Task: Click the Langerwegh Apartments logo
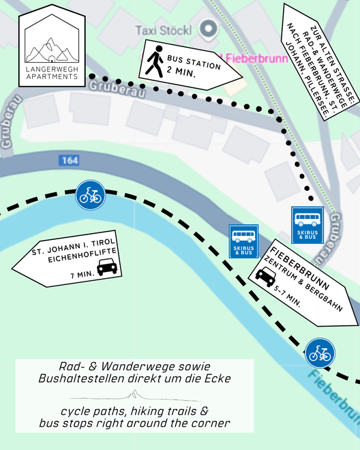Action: tap(52, 46)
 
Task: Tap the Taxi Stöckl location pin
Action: tap(209, 29)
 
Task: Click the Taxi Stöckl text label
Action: tap(164, 31)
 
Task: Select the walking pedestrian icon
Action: tap(155, 61)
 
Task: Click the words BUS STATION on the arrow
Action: tap(194, 63)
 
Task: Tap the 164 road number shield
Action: tap(69, 160)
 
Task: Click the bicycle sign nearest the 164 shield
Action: tap(91, 195)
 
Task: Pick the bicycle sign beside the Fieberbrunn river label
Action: tap(320, 353)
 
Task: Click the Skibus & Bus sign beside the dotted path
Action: tap(307, 225)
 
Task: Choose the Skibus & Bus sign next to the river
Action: tap(243, 241)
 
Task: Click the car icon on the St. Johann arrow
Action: tap(107, 267)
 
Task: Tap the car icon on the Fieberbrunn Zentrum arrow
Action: tap(266, 277)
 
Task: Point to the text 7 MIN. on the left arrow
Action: tap(82, 275)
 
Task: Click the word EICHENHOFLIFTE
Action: tap(82, 255)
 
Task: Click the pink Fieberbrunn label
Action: tap(256, 59)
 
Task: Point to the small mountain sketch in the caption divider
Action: tap(134, 395)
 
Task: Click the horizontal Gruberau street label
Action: tap(117, 89)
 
